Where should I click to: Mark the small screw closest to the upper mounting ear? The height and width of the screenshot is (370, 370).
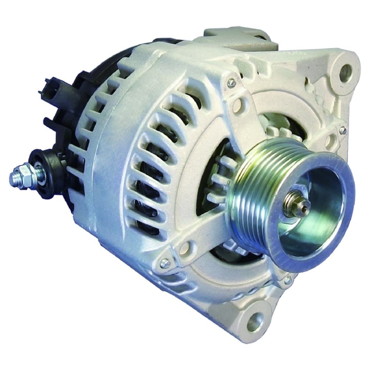[343, 130]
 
